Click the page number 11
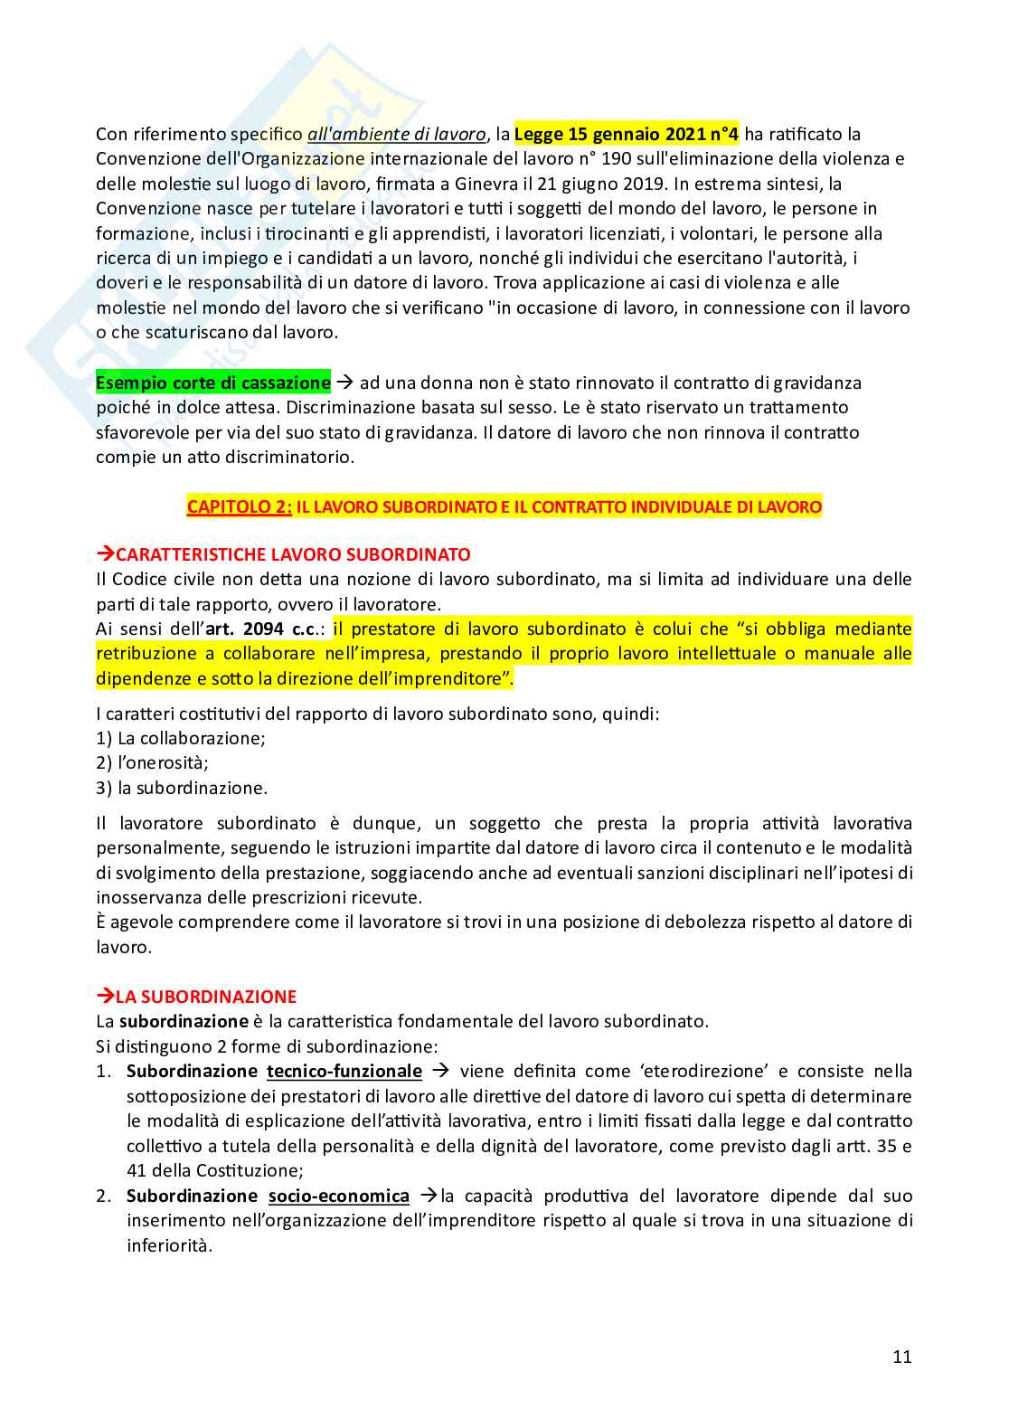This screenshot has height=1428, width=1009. tap(901, 1357)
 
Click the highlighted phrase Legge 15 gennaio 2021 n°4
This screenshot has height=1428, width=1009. tap(626, 135)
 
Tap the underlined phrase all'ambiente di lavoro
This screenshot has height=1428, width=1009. tap(396, 135)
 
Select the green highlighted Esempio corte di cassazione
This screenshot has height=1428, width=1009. tap(213, 383)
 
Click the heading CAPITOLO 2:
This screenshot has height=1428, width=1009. tap(239, 506)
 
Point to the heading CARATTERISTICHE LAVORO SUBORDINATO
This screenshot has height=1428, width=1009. tap(292, 554)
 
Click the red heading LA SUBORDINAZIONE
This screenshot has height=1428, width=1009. tap(205, 997)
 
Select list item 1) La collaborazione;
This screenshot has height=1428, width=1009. tap(181, 738)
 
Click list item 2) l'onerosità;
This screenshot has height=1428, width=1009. tap(152, 762)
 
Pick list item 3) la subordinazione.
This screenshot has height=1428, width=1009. tap(182, 788)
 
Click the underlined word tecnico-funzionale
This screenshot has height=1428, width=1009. tap(344, 1071)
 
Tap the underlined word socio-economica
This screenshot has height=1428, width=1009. tap(338, 1196)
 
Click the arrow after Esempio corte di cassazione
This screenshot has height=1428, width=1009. tap(344, 383)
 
